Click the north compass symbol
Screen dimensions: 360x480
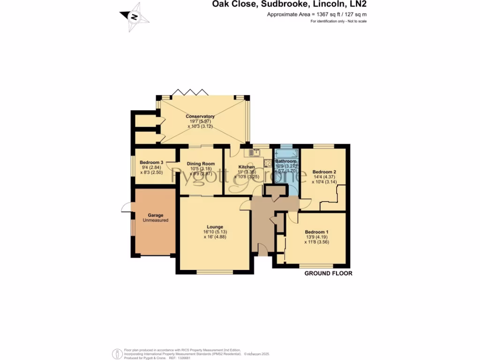pos(135,17)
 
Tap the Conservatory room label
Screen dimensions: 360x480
pos(200,116)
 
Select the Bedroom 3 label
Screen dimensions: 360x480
pos(151,162)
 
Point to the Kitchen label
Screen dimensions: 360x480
pos(247,167)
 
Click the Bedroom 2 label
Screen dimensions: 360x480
pos(324,172)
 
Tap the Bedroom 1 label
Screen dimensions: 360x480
pos(316,232)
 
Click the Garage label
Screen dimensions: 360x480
pos(155,215)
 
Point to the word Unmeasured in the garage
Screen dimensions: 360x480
pos(155,220)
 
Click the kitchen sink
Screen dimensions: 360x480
pos(248,152)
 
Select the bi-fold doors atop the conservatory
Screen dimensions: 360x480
pos(189,92)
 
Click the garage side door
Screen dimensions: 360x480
pos(125,208)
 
